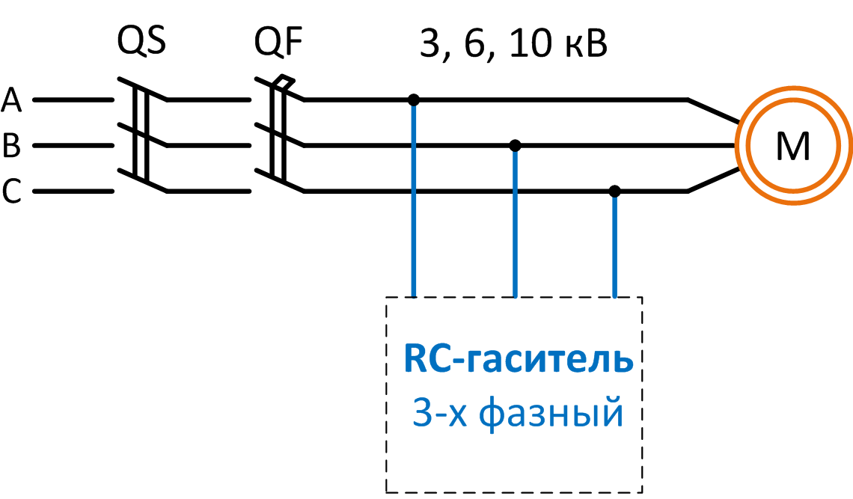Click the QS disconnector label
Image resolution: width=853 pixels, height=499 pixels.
[x=141, y=42]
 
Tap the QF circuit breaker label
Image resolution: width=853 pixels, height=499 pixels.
[x=278, y=42]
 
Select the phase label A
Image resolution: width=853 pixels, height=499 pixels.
[x=12, y=100]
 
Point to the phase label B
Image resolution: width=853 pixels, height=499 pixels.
[x=11, y=146]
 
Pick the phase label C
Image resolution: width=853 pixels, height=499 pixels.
[x=11, y=192]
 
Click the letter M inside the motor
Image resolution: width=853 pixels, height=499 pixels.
[x=792, y=147]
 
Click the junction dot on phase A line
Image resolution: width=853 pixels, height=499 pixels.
[x=414, y=100]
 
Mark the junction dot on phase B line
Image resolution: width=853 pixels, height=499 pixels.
[x=515, y=145]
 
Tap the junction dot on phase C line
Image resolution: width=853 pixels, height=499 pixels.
[x=614, y=192]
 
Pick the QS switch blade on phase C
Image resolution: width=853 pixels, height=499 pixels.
[x=142, y=180]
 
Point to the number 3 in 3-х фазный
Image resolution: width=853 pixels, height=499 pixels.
[x=422, y=414]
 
